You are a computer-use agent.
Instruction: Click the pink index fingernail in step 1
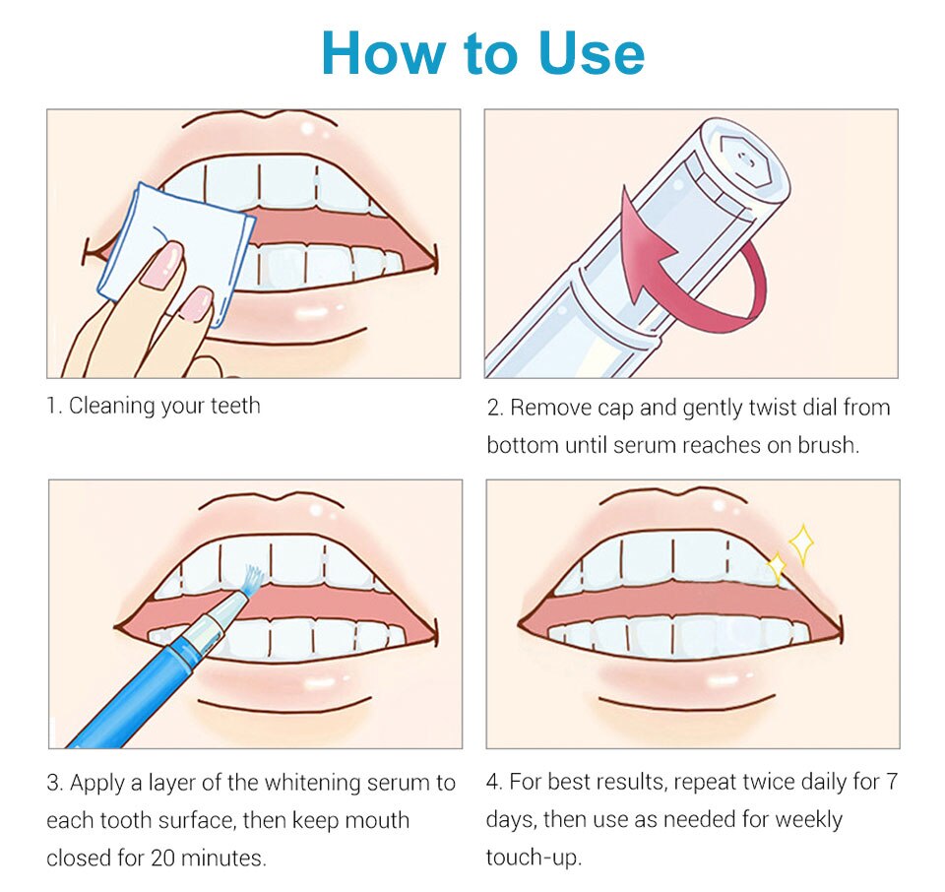[161, 264]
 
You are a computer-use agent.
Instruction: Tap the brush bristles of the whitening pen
[253, 580]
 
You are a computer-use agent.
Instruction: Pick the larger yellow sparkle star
[801, 544]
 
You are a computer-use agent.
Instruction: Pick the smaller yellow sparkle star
[777, 567]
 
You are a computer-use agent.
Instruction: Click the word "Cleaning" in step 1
[112, 407]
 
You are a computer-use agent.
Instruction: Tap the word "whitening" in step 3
[312, 783]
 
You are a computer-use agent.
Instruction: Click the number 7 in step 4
[892, 782]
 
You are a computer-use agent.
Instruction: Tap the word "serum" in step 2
[644, 445]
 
